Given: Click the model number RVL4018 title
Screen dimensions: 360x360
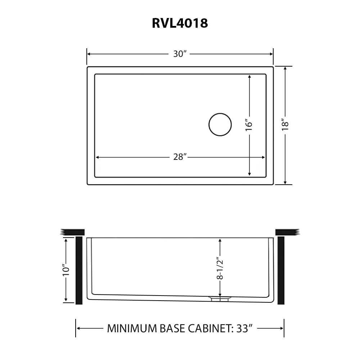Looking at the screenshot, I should (180, 23).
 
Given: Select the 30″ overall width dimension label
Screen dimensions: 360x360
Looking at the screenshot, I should (180, 54).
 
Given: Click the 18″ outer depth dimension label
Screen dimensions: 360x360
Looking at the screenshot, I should (285, 124).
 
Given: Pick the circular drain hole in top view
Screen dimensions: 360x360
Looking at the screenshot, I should (220, 125).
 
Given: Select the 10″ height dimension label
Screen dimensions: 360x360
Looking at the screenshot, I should (66, 270).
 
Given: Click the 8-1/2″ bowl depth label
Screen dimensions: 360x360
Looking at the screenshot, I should (220, 268).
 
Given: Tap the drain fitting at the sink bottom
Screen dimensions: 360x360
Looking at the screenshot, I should (220, 298).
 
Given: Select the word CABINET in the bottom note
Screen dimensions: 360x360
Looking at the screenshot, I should (207, 328).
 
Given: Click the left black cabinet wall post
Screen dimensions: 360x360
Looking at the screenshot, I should (79, 270).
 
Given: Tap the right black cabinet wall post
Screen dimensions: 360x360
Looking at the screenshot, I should (281, 270).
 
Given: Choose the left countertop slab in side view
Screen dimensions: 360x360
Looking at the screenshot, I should (73, 232).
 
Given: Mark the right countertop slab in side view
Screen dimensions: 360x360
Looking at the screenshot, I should (287, 232).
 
